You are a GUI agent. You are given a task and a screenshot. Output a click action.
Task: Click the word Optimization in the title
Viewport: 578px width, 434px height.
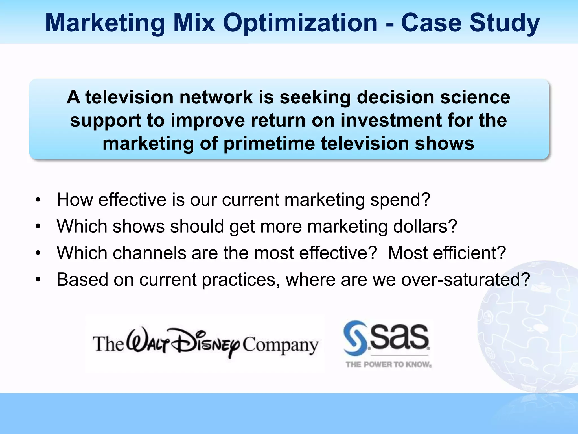point(300,23)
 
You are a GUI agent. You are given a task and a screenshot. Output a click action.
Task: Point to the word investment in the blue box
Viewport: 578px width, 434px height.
point(391,120)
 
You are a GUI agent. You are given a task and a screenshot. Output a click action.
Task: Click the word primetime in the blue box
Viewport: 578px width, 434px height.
point(269,144)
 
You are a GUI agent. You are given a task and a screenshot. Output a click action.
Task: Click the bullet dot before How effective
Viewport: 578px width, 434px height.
point(38,200)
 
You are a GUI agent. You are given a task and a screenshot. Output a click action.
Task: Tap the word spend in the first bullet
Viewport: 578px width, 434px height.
point(400,200)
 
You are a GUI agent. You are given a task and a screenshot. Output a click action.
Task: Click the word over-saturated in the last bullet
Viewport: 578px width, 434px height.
point(465,280)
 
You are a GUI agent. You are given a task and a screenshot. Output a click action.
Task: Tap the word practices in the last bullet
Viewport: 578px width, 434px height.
point(239,280)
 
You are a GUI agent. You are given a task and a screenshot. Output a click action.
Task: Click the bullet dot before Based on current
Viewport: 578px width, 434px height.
point(38,280)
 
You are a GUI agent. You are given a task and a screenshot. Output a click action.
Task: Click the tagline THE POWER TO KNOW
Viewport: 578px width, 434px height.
point(389,364)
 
